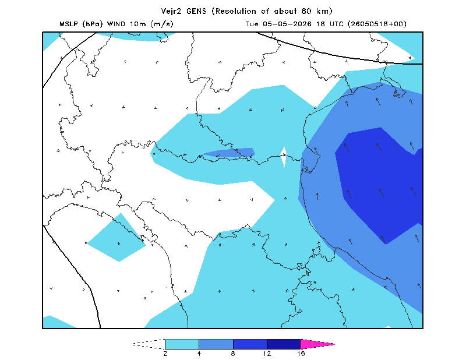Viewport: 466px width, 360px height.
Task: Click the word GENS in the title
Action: (196, 11)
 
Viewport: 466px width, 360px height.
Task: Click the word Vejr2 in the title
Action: (171, 12)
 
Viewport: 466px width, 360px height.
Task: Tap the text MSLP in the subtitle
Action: (69, 24)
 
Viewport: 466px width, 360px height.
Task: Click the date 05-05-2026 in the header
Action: (287, 24)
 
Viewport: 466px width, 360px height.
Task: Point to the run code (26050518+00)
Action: (377, 24)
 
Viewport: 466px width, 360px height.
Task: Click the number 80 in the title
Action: (306, 11)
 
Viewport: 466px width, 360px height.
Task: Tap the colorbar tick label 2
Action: (165, 354)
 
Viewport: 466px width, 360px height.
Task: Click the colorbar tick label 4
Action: (199, 354)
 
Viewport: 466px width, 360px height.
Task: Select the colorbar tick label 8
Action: (233, 354)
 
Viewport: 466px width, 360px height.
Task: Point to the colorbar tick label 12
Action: (267, 354)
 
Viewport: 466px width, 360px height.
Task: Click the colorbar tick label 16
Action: (301, 354)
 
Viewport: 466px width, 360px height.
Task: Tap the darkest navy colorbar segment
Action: (284, 344)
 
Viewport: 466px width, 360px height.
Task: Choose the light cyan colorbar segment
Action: (182, 344)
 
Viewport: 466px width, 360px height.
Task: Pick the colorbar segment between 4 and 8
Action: (216, 344)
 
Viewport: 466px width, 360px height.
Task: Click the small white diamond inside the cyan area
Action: (284, 157)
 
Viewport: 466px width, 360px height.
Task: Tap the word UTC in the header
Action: (336, 24)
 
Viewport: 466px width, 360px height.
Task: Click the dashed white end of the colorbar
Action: (149, 344)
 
